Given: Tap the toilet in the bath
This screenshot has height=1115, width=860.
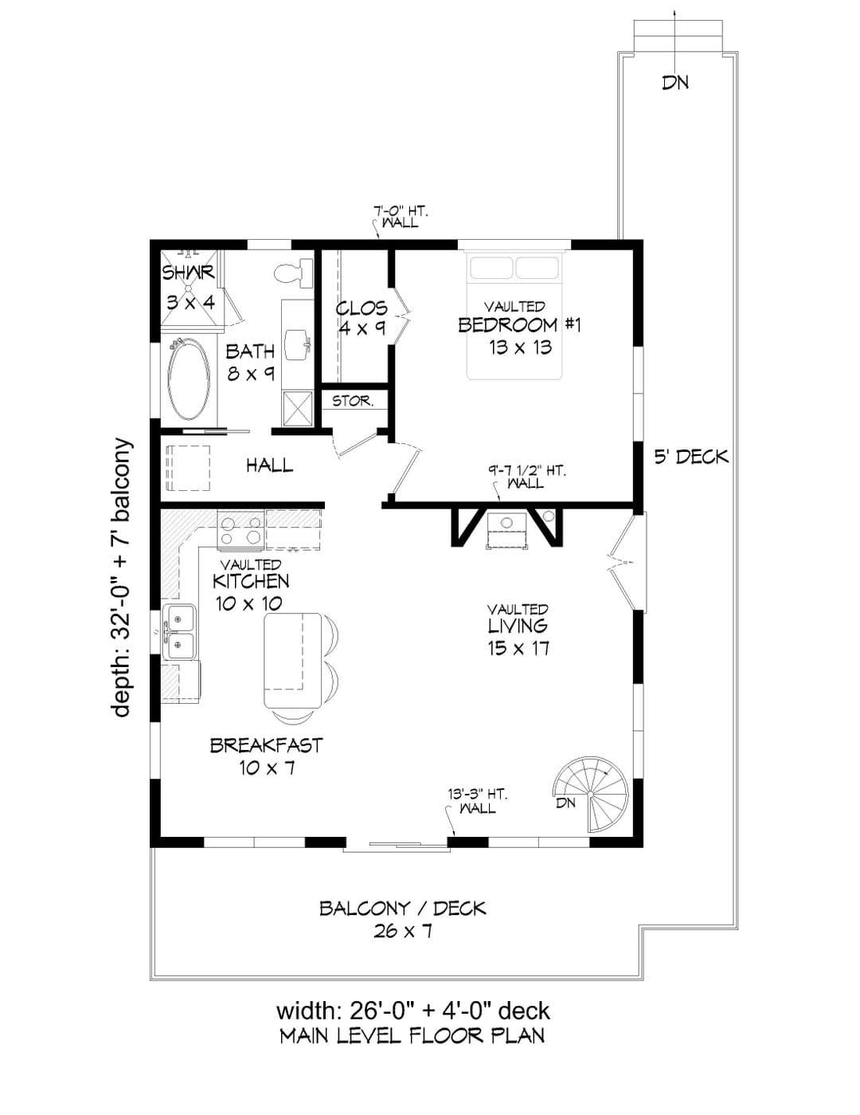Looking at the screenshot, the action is pos(294,273).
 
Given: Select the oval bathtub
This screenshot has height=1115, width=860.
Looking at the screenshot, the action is pos(189,379).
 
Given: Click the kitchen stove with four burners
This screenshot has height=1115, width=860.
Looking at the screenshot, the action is pos(240,529).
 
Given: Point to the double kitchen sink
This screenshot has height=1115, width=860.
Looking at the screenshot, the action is pos(179,632).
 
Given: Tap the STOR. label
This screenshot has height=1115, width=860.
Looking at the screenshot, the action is pos(353,401).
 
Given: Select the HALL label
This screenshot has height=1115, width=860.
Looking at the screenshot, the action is pos(270,465).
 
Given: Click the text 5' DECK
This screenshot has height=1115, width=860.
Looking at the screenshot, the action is pos(691,456).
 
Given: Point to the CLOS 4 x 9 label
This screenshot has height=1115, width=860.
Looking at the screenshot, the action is pos(362,318).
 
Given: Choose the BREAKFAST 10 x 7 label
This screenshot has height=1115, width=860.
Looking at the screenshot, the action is pos(266,756).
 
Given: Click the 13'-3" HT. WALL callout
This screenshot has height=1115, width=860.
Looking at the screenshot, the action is pos(477,801).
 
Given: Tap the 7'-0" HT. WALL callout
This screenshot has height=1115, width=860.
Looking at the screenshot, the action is pos(401,217).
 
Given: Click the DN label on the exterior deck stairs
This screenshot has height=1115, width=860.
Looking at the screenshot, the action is pos(675,82).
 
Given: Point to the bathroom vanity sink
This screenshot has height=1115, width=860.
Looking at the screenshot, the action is pos(297,344).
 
